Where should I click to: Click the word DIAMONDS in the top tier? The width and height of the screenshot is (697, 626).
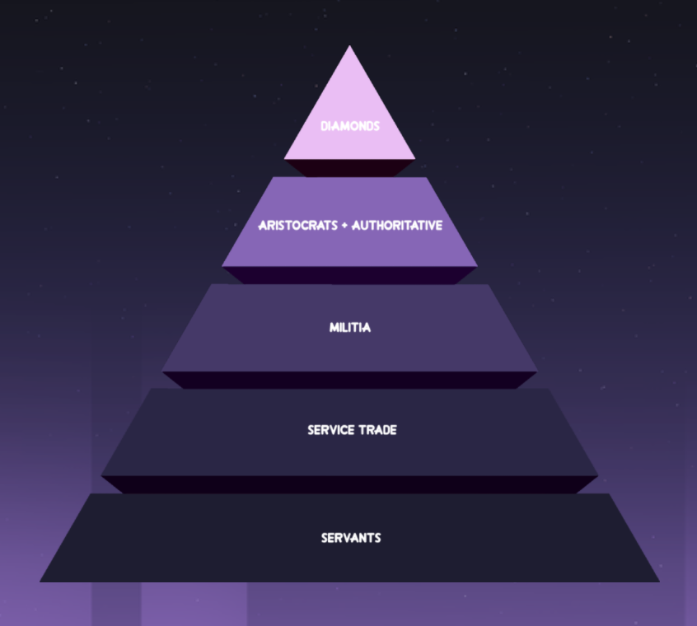(x=349, y=127)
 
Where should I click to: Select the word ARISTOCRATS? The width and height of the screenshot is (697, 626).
(x=299, y=226)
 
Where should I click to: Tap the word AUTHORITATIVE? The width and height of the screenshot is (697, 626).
(x=397, y=226)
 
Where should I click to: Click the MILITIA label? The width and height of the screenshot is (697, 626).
(x=349, y=328)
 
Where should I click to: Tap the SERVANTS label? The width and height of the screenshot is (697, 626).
(x=350, y=538)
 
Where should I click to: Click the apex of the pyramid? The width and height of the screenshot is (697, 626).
(x=349, y=46)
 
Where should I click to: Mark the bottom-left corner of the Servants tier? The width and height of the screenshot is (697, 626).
(x=40, y=582)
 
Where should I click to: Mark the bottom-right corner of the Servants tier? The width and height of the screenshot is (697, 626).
(x=659, y=582)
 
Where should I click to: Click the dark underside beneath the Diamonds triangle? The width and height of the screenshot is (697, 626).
(x=349, y=167)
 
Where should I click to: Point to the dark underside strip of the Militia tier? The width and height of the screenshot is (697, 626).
(x=349, y=380)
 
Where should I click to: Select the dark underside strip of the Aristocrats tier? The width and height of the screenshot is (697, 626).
(x=349, y=275)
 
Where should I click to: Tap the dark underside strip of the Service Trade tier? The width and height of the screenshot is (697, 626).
(x=349, y=484)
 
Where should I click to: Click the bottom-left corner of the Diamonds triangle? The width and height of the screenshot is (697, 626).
(x=284, y=158)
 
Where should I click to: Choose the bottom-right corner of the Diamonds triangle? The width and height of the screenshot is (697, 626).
(x=415, y=158)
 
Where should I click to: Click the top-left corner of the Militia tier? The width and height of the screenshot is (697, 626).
(x=211, y=286)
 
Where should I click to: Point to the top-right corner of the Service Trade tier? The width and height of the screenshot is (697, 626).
(x=550, y=390)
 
